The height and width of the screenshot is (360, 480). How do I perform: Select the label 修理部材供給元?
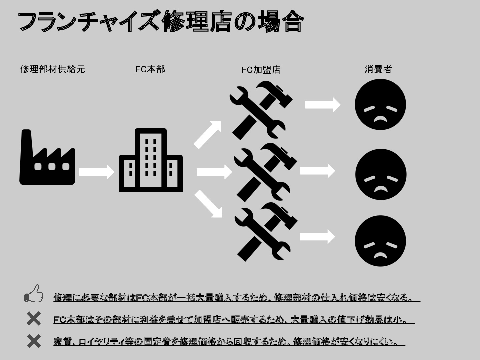point(53,69)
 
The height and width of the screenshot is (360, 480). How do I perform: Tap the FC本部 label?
point(150,69)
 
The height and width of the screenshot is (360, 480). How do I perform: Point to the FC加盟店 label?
point(261,70)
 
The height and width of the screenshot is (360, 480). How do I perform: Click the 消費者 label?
point(378,69)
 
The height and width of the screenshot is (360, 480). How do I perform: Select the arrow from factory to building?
point(97,172)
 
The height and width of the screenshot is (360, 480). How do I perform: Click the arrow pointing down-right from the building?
point(209,204)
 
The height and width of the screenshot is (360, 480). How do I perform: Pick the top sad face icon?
point(380,105)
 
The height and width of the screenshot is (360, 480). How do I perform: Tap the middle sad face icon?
point(381,175)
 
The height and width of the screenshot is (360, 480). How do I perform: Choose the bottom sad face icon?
point(380,241)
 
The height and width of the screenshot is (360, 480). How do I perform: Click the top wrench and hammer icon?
point(261,110)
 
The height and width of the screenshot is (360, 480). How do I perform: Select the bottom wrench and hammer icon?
point(265,231)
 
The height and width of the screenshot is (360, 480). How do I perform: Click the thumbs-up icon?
point(34,294)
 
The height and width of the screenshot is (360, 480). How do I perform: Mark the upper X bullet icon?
point(34,319)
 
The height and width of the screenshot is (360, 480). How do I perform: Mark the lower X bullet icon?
point(34,342)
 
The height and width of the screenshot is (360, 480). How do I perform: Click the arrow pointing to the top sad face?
point(323,104)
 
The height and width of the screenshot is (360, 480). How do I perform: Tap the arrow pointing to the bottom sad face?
point(317,237)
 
